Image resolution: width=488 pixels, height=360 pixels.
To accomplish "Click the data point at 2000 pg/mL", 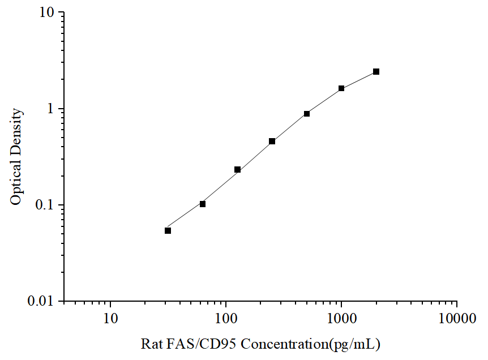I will click(376, 72).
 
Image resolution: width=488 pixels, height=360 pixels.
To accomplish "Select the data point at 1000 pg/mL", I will click(341, 88).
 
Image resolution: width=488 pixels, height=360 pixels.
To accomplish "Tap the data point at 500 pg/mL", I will click(307, 114).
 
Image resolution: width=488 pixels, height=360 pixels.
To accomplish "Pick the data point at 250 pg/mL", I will click(272, 141).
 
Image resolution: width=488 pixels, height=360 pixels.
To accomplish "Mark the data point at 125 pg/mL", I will click(238, 169).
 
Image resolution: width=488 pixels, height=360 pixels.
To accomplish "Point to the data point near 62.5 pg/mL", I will click(203, 204).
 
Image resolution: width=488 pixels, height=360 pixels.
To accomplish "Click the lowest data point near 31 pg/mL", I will click(168, 230).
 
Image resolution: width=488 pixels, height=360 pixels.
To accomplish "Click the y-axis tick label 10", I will click(49, 12).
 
